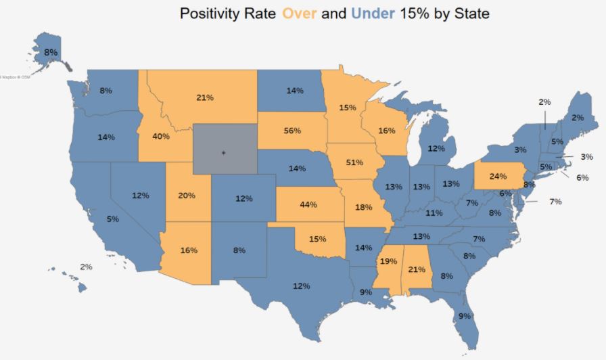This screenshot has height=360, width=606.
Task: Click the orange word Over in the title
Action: point(299,14)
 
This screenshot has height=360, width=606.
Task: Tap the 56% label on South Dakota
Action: point(292,131)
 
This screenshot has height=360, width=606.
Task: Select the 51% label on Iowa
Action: point(354,162)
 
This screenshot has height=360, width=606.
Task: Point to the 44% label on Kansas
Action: point(308,204)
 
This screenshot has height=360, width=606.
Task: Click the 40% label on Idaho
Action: point(161,136)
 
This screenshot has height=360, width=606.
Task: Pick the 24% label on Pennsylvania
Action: point(498,177)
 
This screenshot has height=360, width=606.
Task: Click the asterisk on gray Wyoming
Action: point(223,153)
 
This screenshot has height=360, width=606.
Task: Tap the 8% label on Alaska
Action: point(51,52)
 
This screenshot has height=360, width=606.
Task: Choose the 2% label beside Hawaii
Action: point(86,267)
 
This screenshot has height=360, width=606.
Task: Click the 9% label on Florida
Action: point(465,316)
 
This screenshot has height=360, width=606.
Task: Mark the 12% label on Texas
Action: point(301,286)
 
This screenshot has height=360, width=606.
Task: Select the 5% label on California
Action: point(112,219)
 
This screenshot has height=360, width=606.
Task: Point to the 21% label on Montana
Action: point(205,97)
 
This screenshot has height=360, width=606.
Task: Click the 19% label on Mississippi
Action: point(388,261)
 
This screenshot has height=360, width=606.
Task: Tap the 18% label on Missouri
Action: point(363,206)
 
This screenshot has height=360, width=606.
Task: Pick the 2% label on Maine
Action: point(577,118)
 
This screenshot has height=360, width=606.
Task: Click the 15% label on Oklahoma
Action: point(317,238)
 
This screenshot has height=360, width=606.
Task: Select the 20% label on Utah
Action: point(187,196)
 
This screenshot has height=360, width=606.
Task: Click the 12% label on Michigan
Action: point(436,148)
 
